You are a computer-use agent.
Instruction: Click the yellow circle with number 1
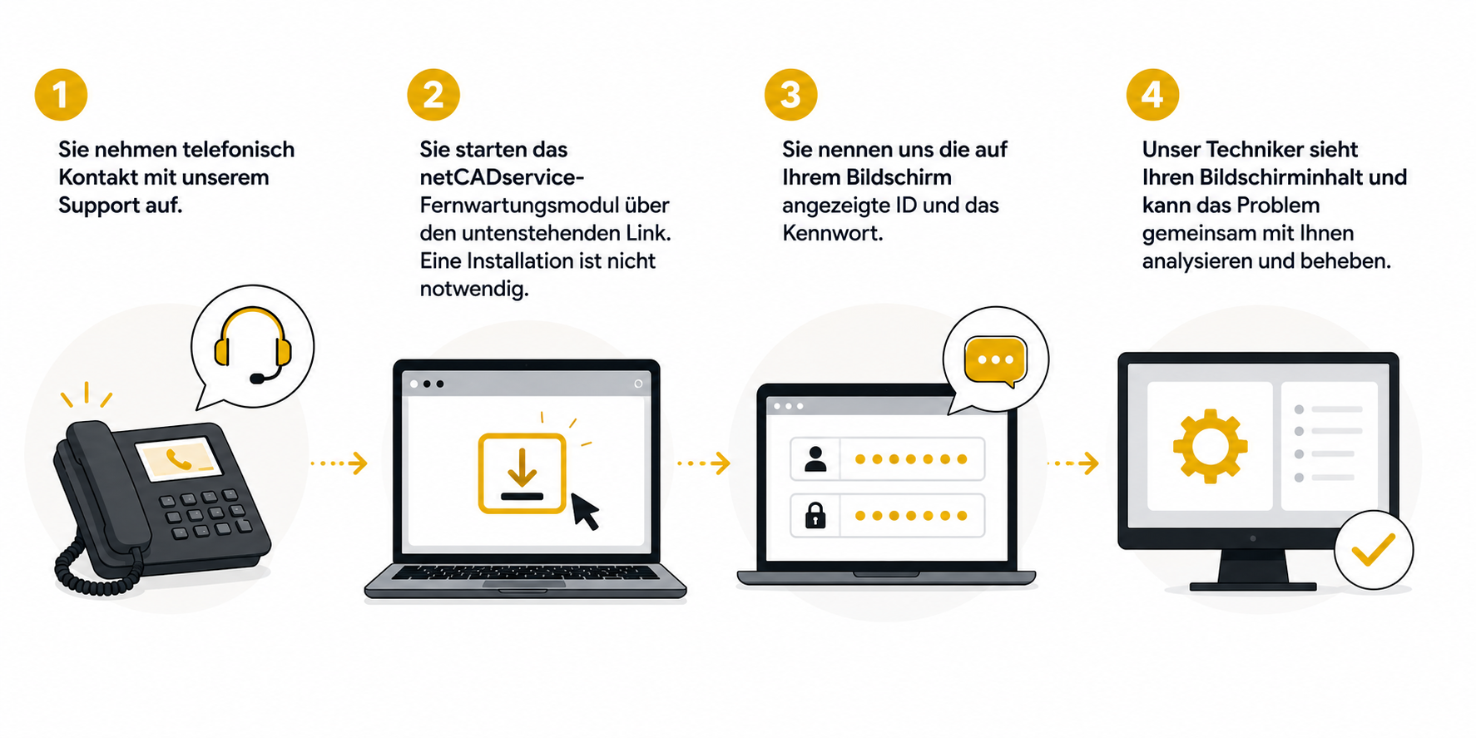(x=61, y=94)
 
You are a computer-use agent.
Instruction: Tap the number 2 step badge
(x=433, y=94)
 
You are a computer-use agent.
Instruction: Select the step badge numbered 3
(x=790, y=94)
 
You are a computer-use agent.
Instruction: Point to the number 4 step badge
(x=1152, y=94)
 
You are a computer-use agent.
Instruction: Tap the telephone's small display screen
(x=178, y=458)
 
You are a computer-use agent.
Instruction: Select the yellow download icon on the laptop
(x=522, y=473)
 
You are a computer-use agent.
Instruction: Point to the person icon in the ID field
(x=815, y=459)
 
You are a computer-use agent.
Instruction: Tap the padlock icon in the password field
(x=815, y=515)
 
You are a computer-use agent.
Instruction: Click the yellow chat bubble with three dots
(x=995, y=361)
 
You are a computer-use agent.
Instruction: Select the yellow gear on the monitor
(x=1210, y=446)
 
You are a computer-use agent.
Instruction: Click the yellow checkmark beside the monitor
(x=1373, y=550)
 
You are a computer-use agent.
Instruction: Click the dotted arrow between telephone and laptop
(x=339, y=463)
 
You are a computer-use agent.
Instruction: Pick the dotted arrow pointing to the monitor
(x=1072, y=463)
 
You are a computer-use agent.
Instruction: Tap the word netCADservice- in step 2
(x=502, y=177)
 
